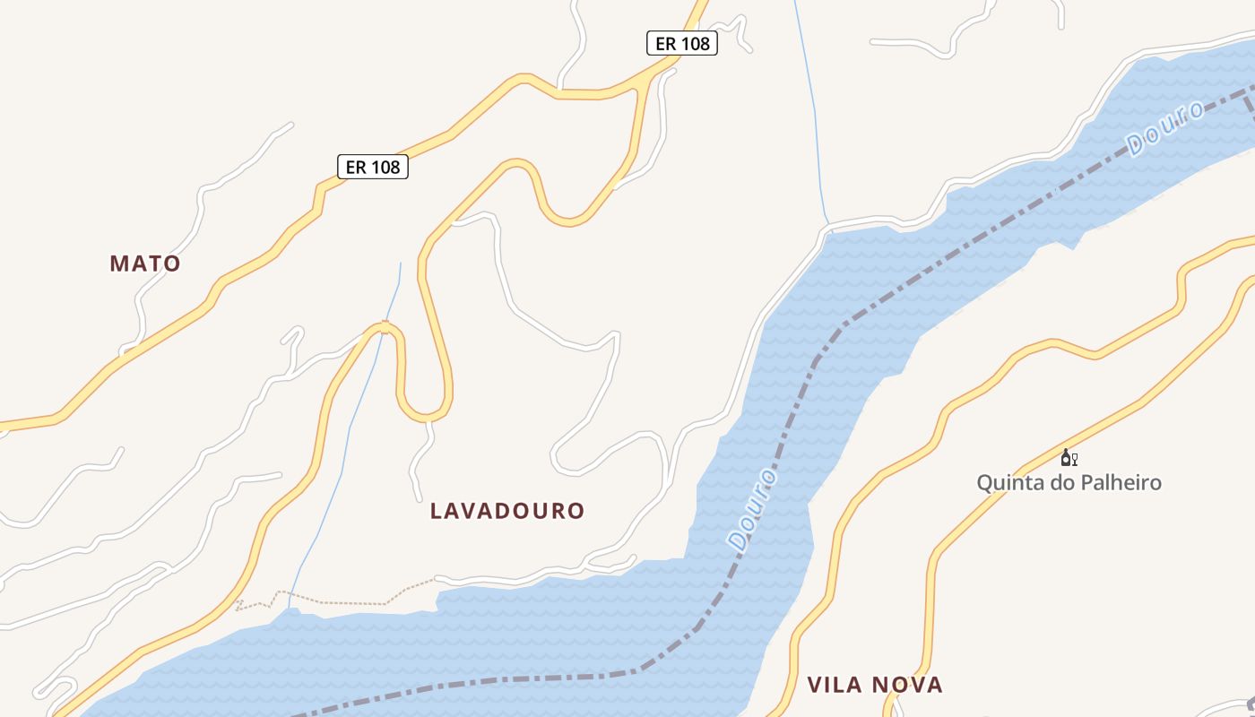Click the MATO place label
pos(145,263)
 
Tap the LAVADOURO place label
pos(507,511)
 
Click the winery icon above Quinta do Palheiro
pos(1069,458)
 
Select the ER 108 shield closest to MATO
pos(373,167)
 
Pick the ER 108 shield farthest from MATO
pos(682,43)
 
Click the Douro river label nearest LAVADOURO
pos(752,509)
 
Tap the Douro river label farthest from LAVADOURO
pos(1164,130)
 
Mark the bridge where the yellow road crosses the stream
pos(385,327)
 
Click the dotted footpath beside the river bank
pos(341,601)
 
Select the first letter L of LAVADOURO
pos(437,511)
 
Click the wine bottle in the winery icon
pos(1065,458)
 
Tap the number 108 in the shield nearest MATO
pos(385,167)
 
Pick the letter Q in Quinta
pos(984,483)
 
